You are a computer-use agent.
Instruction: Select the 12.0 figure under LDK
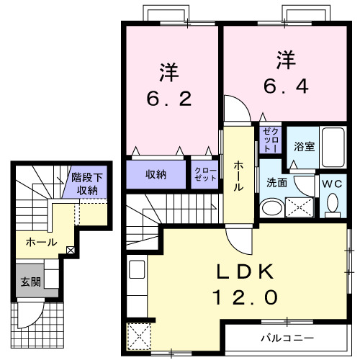[244, 296]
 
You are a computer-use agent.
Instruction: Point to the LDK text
[244, 271]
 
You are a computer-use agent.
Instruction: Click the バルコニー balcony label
[287, 337]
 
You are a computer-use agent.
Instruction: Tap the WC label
[333, 184]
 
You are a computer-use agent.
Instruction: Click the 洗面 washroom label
[276, 183]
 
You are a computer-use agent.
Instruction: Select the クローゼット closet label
[205, 174]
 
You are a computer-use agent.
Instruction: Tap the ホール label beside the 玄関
[41, 243]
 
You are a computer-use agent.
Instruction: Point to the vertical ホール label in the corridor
[238, 175]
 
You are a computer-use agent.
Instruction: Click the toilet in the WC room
[333, 205]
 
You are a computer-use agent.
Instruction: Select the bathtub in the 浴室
[333, 147]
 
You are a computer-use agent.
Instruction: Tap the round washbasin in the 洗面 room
[271, 208]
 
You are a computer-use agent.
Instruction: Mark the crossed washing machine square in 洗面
[300, 207]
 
